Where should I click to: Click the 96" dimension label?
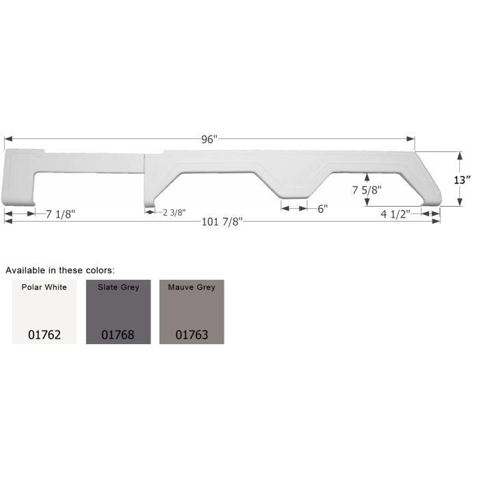[x=209, y=140]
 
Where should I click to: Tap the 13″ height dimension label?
[x=462, y=180]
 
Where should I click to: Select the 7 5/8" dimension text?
[x=367, y=190]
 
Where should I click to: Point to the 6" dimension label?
[x=322, y=209]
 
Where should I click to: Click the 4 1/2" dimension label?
[x=396, y=213]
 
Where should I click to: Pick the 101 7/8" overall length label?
[x=222, y=222]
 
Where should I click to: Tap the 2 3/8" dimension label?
[x=174, y=212]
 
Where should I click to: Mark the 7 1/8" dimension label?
[x=60, y=214]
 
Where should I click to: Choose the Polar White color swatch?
[x=44, y=312]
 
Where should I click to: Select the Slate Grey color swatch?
[x=118, y=312]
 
